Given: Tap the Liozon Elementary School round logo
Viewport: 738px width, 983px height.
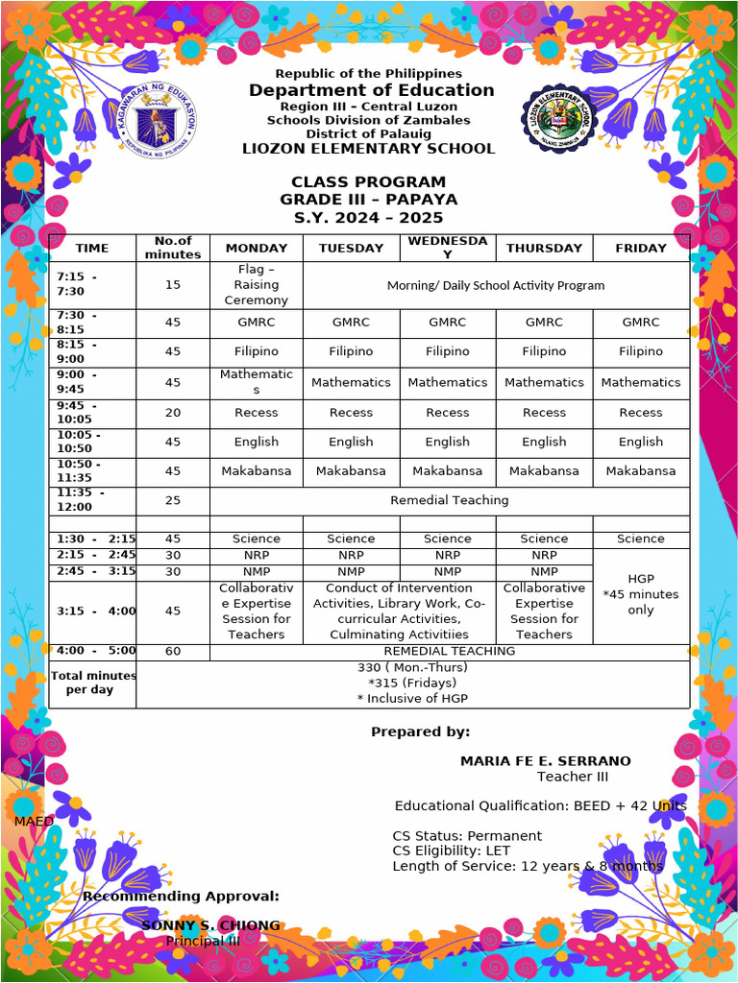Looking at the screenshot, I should (564, 118).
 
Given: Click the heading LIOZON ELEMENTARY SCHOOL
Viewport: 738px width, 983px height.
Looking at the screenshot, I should (369, 149).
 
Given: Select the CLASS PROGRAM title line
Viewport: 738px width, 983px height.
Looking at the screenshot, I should (369, 182).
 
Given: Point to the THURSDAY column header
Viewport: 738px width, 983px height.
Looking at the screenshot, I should (544, 248).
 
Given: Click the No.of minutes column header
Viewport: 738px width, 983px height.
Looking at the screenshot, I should (173, 248).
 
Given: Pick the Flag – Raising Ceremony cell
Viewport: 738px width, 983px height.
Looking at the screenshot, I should (257, 285).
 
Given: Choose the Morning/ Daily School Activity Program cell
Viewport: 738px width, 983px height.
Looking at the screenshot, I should (496, 285).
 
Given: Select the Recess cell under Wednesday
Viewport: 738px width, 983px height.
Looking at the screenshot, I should (448, 413).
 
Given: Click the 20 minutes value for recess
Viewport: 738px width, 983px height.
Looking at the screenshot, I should (173, 413).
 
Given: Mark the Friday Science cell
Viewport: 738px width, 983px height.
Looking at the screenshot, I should (641, 539).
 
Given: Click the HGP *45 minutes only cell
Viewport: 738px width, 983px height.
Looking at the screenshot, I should (641, 595).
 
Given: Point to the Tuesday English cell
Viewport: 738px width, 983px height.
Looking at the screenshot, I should (351, 443).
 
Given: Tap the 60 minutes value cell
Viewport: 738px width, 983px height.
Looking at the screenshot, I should (173, 651).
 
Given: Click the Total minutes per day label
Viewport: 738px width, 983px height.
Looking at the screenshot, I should (92, 683).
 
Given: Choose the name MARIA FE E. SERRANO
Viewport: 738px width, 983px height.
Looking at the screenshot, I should (546, 761).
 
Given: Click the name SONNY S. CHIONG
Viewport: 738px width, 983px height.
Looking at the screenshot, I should (210, 925).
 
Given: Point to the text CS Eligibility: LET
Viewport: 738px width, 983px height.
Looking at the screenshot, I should (452, 851).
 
